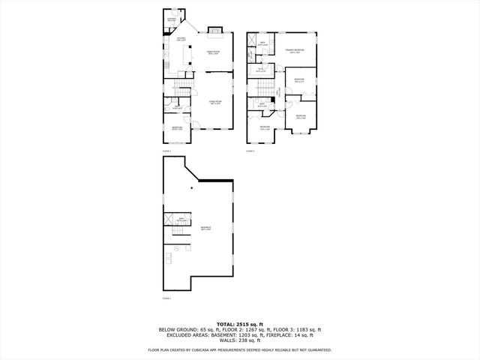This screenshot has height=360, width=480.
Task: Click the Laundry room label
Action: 171,19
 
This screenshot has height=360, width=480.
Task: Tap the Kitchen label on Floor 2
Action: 181,37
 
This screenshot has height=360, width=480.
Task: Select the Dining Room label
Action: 213,52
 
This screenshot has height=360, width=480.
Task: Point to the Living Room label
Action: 215,102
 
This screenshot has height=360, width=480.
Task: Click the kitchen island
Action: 184,55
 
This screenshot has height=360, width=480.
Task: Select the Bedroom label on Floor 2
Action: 176,129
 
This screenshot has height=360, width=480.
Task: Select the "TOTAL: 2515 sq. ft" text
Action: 240,323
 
